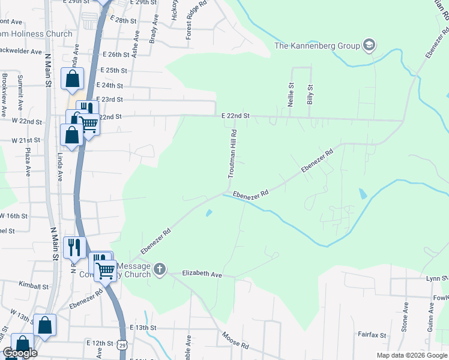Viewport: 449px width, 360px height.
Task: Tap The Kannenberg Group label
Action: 316,45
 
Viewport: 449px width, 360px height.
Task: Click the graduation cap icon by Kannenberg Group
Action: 369,45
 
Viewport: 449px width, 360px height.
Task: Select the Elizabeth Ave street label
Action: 202,274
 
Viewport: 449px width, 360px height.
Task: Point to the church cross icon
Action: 160,269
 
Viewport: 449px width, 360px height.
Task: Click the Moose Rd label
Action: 235,343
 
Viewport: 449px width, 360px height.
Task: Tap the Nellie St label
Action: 291,95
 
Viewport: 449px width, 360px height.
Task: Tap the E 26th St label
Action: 116,54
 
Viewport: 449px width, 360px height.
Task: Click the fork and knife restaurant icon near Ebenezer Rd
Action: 74,247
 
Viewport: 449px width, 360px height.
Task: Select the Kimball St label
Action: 33,285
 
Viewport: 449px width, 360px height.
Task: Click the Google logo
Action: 20,353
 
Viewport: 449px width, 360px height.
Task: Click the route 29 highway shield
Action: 122,345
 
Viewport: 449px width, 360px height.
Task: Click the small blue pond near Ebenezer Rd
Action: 208,212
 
